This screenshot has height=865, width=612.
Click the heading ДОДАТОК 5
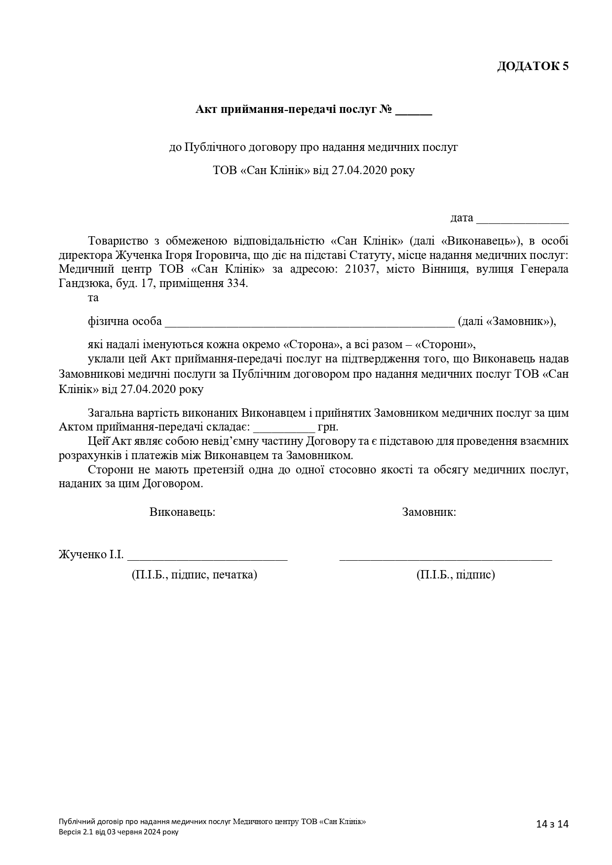[x=533, y=66]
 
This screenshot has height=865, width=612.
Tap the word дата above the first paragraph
[x=461, y=218]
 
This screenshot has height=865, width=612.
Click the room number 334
[x=236, y=284]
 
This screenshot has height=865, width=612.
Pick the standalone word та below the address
[x=93, y=298]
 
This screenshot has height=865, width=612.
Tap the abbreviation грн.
[x=328, y=427]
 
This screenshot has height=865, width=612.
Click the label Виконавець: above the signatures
[x=182, y=512]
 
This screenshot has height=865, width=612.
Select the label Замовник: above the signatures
[x=429, y=512]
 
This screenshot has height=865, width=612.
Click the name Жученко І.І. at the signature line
[x=91, y=554]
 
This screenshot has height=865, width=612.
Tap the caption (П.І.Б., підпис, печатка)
[x=194, y=575]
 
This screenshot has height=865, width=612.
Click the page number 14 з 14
[x=553, y=824]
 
